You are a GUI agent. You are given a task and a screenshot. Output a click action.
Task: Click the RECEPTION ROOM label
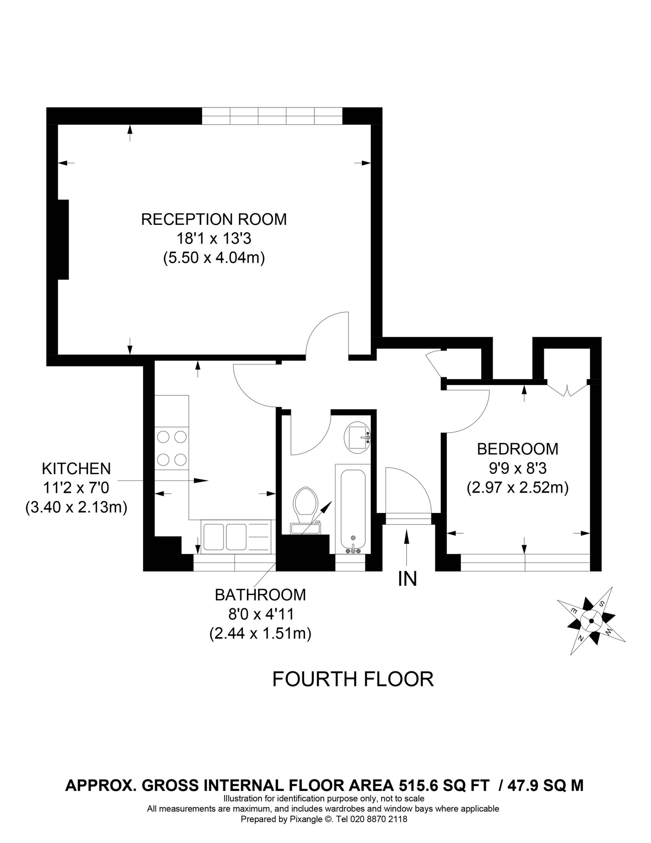point(214,219)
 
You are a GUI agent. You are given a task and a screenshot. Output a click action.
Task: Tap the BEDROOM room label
point(518,449)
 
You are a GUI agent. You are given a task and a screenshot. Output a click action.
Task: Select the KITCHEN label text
point(76,469)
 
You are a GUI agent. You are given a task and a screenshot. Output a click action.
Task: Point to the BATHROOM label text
point(260,595)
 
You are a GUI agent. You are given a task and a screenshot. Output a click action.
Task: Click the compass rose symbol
point(591,621)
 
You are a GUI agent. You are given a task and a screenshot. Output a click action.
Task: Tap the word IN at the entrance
point(408,579)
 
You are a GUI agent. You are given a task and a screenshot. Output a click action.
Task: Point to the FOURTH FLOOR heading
point(353,679)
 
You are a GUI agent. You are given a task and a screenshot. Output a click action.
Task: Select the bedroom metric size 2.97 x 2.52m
point(518,488)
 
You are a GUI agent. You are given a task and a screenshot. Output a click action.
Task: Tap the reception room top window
point(272,116)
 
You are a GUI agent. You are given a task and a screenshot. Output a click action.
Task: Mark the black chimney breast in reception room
point(63,239)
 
